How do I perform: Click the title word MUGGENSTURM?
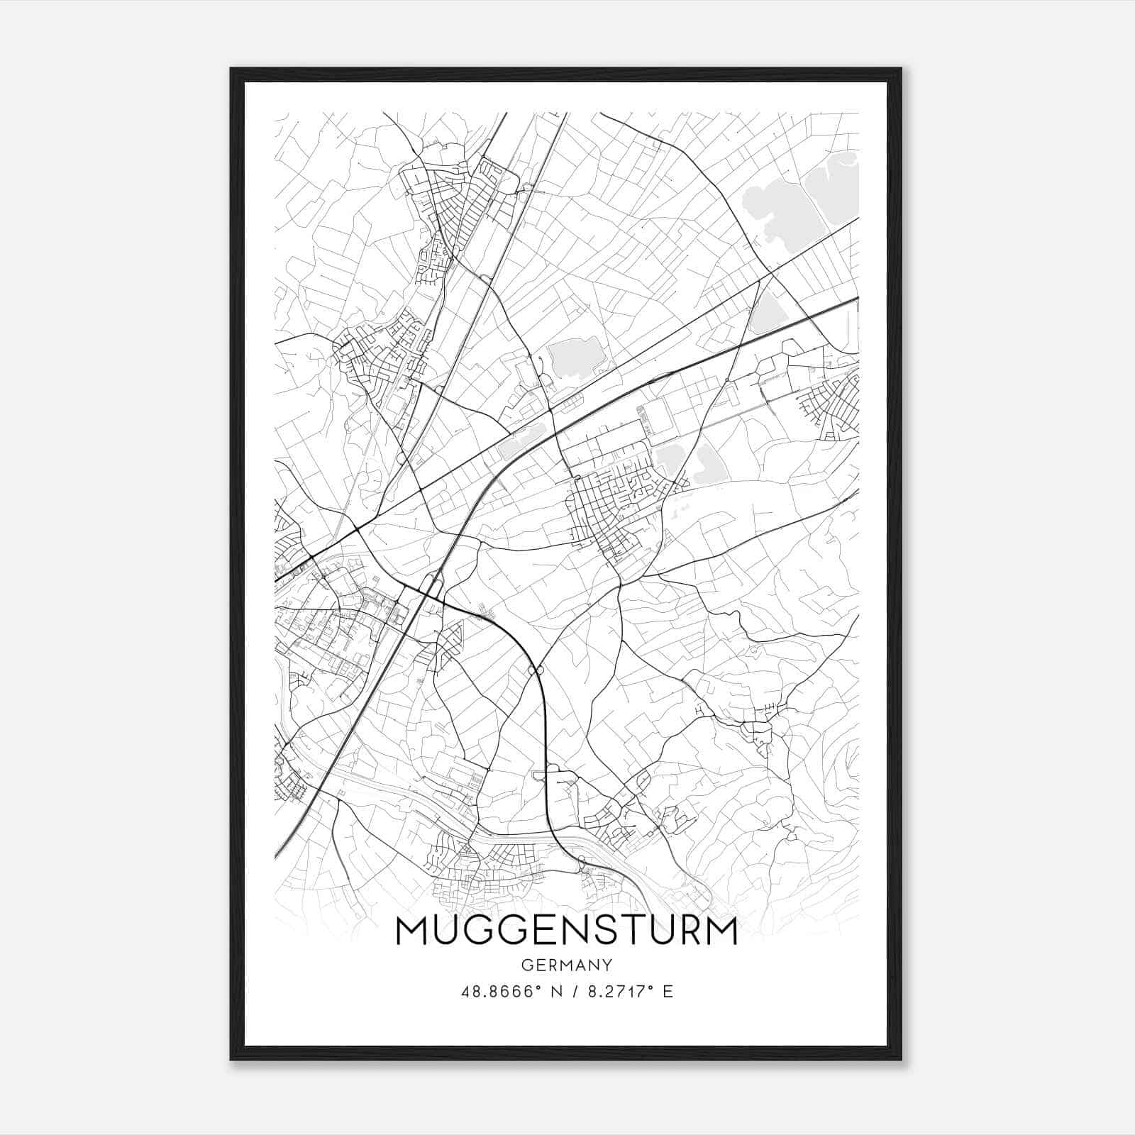(566, 931)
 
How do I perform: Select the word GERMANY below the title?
(566, 965)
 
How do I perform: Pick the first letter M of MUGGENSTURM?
(411, 931)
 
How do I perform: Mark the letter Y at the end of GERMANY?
(607, 965)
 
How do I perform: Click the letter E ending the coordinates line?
(667, 992)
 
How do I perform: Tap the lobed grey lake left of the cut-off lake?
(777, 209)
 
